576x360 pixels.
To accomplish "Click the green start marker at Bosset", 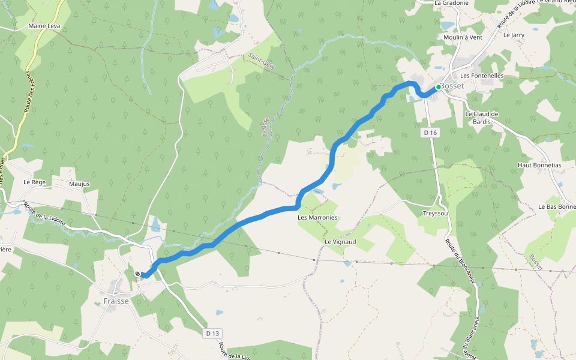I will coord(439,87).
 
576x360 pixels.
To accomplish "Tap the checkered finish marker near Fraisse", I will coord(138,274).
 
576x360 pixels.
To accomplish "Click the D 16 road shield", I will coord(429,132).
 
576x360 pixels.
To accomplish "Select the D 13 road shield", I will coord(212,333).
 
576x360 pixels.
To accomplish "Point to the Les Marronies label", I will coord(317,217).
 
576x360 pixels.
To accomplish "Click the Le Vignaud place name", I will coord(340,241).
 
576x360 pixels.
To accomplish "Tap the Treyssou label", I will coord(436,214).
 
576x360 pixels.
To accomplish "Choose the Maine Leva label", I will coord(44,26).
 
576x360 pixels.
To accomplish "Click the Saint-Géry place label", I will coord(262,62).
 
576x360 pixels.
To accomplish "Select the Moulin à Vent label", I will coord(463,37).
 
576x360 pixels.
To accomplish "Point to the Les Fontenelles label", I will coord(482,76).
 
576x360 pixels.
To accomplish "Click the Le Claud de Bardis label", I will coord(482,118).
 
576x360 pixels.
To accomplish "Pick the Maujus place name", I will coord(79,184).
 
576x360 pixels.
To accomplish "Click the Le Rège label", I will coord(35,181).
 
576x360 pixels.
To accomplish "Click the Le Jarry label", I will coord(514,35).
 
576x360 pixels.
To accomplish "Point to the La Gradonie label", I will coord(451,3).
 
